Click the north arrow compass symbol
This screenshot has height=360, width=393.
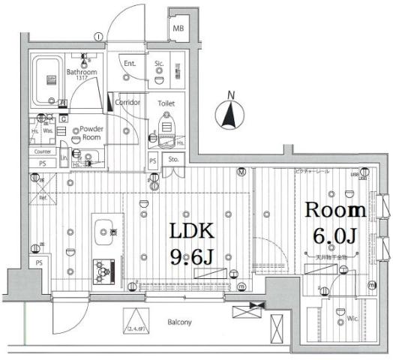[230, 115]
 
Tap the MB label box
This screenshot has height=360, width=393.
[178, 29]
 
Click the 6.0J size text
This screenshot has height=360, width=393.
[335, 236]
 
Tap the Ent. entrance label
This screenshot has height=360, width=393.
[129, 64]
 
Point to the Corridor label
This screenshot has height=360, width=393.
[127, 101]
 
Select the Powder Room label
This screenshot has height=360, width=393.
[91, 133]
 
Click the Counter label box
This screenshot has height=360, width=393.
[42, 151]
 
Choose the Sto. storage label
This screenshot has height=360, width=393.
[172, 159]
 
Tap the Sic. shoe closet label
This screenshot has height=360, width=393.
[159, 64]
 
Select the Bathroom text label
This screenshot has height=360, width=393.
[81, 73]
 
